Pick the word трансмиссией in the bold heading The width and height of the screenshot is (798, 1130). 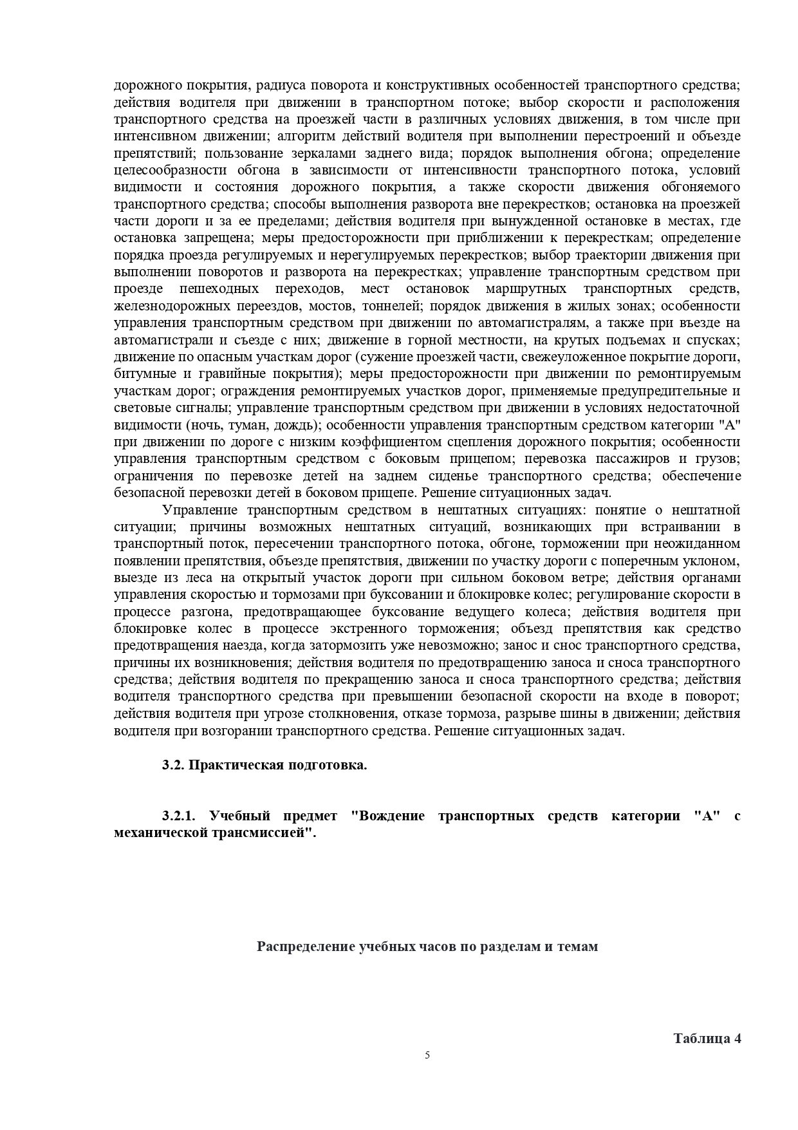tap(269, 832)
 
